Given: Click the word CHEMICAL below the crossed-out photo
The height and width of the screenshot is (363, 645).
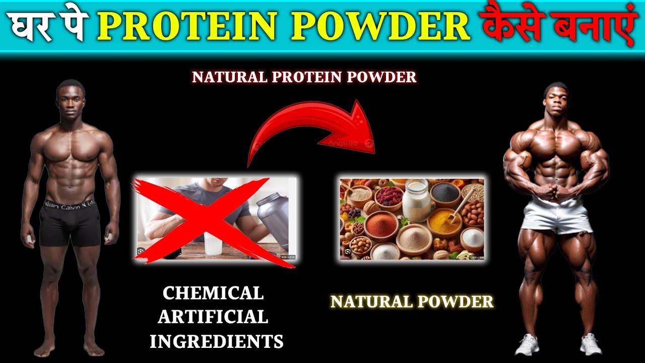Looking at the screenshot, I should [x=213, y=293].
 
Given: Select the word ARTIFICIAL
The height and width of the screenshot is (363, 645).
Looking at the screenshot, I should [x=213, y=317].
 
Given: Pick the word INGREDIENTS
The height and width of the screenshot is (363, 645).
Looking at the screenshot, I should [x=217, y=341].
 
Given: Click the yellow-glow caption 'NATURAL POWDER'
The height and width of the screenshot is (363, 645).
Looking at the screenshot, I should [x=412, y=302].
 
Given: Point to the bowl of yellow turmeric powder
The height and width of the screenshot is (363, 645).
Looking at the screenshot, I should [x=444, y=222].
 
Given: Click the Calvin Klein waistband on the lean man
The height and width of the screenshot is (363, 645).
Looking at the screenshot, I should [x=69, y=205].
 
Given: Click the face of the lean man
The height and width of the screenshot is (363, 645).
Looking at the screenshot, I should [x=71, y=100].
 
